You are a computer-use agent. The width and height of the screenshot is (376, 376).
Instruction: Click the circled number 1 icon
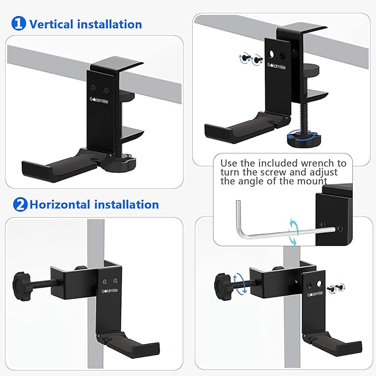click(18, 24)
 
